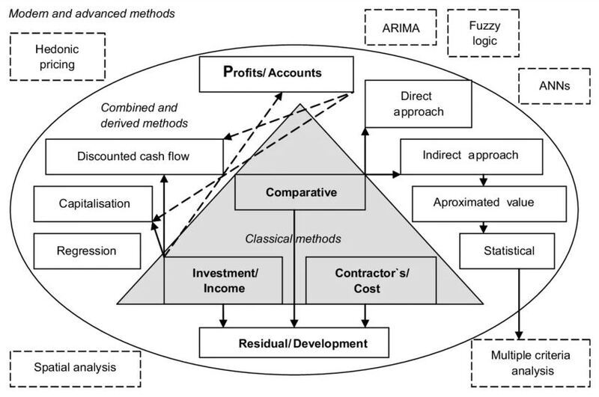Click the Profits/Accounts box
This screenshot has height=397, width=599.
(276, 73)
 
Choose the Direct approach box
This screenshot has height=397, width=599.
(418, 102)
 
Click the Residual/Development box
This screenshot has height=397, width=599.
(294, 343)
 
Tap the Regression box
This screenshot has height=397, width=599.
(87, 250)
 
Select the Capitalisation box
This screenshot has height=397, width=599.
(94, 203)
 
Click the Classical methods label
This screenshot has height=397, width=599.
(294, 239)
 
